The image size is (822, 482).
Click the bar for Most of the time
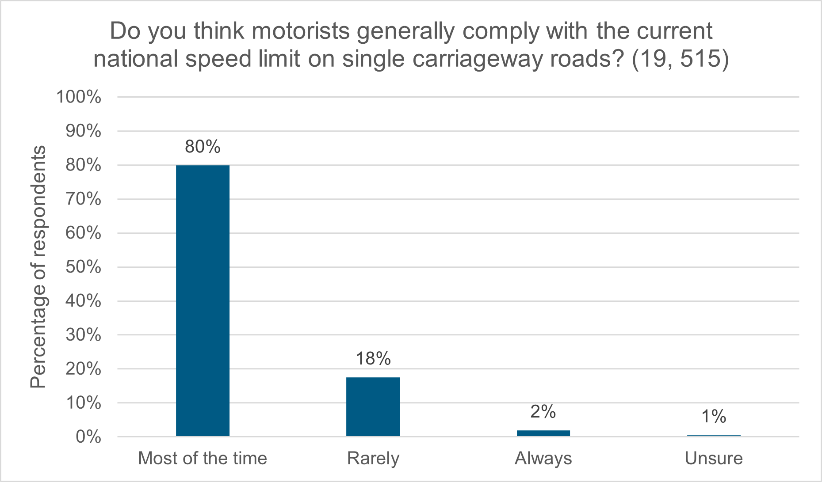[203, 300]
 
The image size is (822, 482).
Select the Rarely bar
[373, 406]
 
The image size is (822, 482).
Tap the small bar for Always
[543, 433]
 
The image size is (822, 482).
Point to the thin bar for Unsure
[713, 436]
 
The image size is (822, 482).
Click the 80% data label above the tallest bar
[203, 147]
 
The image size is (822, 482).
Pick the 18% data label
[373, 358]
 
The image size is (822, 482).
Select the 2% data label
[543, 412]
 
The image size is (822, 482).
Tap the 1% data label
[713, 416]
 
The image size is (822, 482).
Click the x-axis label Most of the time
[203, 458]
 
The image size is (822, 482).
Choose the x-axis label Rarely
[373, 458]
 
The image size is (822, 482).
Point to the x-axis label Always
[543, 458]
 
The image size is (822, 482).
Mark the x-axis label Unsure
[713, 458]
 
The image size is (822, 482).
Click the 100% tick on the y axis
[79, 97]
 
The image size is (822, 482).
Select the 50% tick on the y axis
[83, 267]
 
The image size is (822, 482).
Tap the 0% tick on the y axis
[88, 437]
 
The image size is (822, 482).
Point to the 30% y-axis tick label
[83, 335]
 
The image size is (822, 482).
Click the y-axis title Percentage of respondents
[38, 267]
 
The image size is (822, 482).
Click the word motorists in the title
[301, 31]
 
